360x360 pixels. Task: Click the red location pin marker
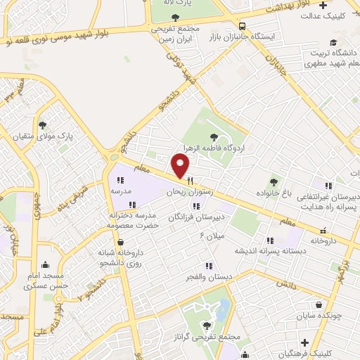click(181, 165)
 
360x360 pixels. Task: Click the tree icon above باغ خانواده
click(274, 182)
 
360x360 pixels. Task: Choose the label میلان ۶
click(212, 235)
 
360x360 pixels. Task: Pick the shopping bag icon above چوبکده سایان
click(321, 305)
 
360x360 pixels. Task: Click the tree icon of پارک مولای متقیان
click(43, 124)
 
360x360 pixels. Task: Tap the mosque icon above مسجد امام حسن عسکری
click(46, 265)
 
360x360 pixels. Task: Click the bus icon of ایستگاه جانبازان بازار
click(242, 23)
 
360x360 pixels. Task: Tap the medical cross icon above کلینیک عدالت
click(323, 6)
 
